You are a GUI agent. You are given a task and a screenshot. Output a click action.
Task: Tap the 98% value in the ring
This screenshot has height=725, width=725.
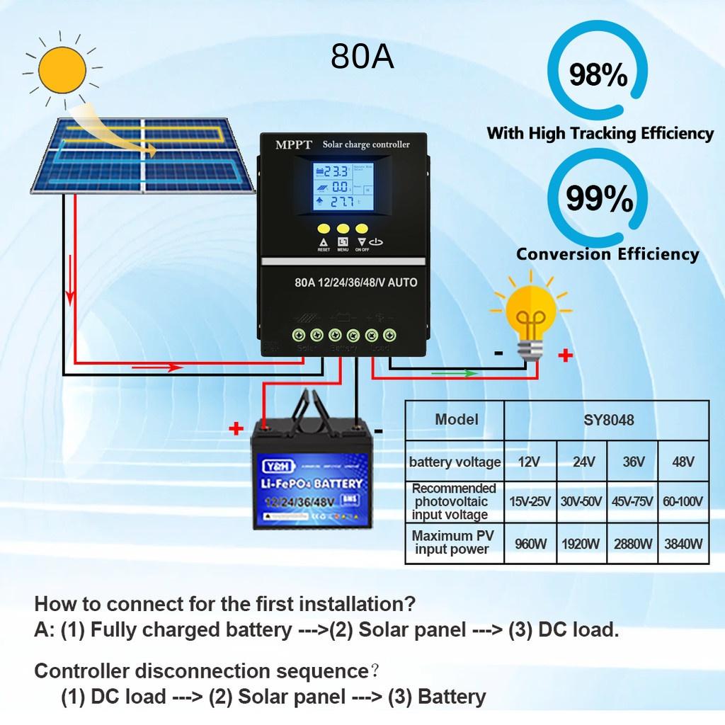pos(598,74)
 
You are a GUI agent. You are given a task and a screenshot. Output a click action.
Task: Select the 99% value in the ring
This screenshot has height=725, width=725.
pos(599,199)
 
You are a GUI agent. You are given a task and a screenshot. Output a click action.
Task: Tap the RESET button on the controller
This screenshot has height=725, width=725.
pos(324,229)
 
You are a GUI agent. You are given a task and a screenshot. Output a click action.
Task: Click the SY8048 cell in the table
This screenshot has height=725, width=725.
pos(607,420)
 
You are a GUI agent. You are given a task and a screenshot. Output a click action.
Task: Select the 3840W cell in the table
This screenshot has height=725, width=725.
pos(683,544)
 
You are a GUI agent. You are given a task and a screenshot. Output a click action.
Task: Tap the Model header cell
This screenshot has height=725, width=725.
pos(456,419)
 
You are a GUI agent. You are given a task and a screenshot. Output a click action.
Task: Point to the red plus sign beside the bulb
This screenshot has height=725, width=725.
pos(565,356)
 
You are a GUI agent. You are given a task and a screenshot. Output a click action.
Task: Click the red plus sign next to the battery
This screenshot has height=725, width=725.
pos(236,429)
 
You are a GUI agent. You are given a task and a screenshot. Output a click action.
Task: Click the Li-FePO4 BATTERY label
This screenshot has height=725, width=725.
pos(312,484)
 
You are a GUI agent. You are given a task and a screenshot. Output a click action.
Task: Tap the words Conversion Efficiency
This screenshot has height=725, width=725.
pos(607,254)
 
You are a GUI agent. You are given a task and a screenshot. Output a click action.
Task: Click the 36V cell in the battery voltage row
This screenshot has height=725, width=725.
pos(633,462)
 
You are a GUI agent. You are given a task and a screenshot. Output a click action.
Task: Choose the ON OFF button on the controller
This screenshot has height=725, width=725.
pos(362,229)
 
